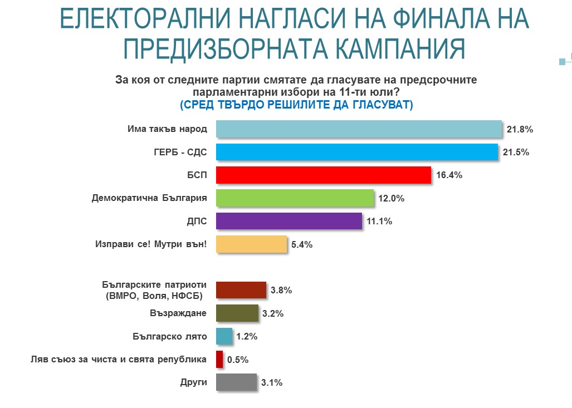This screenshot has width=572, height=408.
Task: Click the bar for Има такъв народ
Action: tap(358, 129)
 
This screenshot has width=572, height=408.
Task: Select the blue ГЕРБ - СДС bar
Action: tap(356, 152)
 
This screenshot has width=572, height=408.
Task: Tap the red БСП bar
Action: tap(322, 175)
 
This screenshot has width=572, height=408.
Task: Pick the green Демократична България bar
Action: tap(294, 198)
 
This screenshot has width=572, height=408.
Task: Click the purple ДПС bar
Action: tap(288, 221)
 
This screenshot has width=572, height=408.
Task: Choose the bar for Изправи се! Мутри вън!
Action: tap(251, 244)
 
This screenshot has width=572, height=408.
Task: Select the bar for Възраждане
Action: tap(236, 313)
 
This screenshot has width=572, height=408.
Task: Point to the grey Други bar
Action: tap(236, 382)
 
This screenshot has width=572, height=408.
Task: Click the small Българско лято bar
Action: tap(223, 336)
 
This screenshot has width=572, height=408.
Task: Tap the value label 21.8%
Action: tap(520, 129)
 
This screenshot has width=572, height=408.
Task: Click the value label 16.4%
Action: tap(449, 175)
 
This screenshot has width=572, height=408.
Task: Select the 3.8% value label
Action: tap(281, 290)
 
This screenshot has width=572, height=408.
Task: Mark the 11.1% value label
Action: tap(379, 221)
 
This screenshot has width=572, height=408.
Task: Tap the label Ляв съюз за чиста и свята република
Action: tap(118, 359)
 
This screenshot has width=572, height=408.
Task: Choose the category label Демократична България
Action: tap(149, 198)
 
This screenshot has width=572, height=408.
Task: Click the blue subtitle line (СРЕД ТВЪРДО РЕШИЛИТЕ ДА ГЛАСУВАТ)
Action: tap(296, 105)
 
